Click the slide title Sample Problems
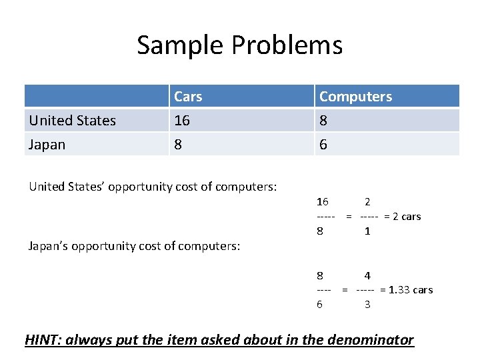[x=240, y=45]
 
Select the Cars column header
[x=188, y=97]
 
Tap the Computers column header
[x=355, y=97]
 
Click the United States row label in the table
[x=72, y=121]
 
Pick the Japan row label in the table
[x=47, y=145]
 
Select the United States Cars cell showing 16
[x=182, y=121]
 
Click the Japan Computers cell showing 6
[x=323, y=145]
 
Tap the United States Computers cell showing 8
[x=323, y=121]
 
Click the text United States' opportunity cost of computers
[x=153, y=187]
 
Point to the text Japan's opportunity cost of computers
[x=134, y=246]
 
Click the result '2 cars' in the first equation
[x=406, y=216]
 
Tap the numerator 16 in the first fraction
[x=322, y=201]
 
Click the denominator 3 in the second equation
[x=367, y=305]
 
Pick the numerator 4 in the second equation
[x=367, y=275]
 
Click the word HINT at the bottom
[x=42, y=340]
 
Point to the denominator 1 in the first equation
[x=367, y=231]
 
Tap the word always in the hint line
[x=91, y=340]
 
